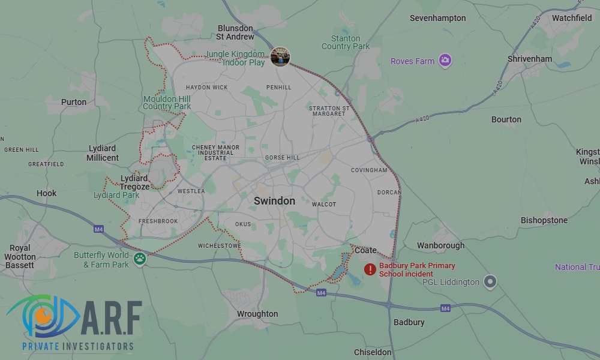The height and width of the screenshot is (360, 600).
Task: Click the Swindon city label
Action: coord(274,201)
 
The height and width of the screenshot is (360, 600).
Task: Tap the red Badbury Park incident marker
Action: coord(370,269)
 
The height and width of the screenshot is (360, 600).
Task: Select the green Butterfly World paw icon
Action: coord(140,259)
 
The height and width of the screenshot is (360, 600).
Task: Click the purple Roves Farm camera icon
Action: coord(445,60)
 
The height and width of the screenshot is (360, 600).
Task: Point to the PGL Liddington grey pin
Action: coord(491,281)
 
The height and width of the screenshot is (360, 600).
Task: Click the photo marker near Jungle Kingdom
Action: coord(280,57)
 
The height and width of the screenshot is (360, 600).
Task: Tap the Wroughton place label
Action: coord(257,314)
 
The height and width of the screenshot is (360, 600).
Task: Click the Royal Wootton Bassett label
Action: coord(20,257)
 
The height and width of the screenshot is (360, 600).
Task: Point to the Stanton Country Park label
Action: coord(346,43)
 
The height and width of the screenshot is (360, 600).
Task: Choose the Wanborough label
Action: coord(440,245)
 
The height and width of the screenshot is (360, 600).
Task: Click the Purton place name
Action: coord(74,102)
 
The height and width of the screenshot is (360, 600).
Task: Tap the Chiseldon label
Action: coord(373,352)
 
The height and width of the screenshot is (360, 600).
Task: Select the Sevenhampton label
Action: coord(437,18)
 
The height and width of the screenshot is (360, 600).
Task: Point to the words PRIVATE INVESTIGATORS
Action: coord(78,346)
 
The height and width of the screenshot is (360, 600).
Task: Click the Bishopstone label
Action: coord(544,220)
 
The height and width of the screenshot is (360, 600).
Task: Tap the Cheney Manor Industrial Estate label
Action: coord(215,152)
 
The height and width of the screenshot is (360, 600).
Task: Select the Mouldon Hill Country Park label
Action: coord(167,103)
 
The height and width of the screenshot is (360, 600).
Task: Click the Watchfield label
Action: coord(572,18)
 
